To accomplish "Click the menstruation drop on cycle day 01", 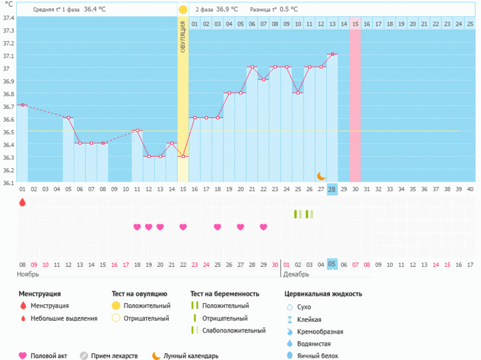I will click(x=22, y=202).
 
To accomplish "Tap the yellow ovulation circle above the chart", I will click(x=183, y=10).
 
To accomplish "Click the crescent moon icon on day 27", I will click(x=321, y=176).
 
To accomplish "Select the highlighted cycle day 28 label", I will click(x=332, y=189).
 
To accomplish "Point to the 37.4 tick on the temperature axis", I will click(x=8, y=17).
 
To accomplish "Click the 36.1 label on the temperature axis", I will click(x=8, y=182).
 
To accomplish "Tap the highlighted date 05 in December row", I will click(x=332, y=264).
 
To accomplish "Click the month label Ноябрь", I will click(x=29, y=274).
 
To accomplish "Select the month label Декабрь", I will click(x=296, y=274).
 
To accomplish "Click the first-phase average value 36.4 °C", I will click(x=95, y=9).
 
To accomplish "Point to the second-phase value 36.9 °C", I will click(x=227, y=9).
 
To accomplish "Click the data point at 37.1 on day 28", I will click(x=332, y=54).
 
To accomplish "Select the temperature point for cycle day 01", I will click(x=22, y=105).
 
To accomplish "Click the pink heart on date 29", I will click(x=264, y=227).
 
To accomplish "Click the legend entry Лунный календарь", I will click(x=191, y=356).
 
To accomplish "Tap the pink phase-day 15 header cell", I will click(x=355, y=24).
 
